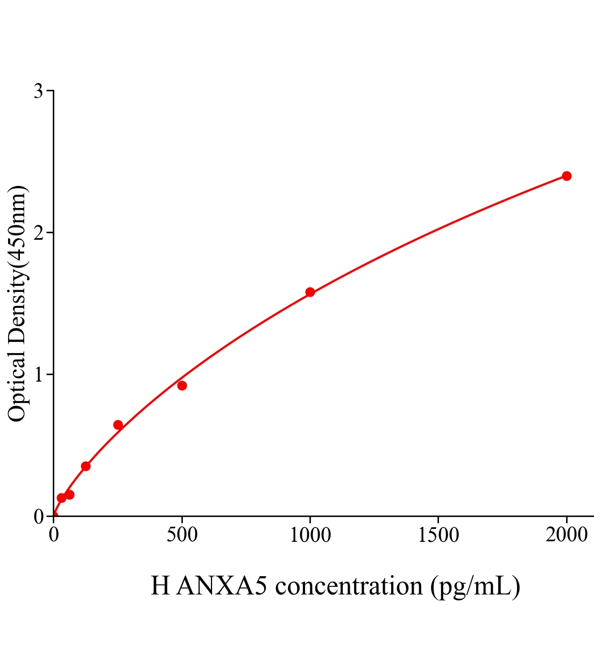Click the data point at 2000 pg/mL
pos(567,176)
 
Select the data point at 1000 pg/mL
pos(310,292)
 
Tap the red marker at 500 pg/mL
pos(182,385)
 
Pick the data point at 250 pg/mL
pos(118,425)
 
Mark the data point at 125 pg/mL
pos(86,466)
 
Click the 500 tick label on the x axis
pos(182,535)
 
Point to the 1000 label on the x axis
pos(310,535)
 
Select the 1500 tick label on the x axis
pos(438,535)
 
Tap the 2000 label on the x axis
pos(567,535)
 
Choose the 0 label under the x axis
pos(54,535)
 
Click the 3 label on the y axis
pos(38,91)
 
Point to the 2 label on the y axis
pos(38,233)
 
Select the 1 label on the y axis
pos(38,375)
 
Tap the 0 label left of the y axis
pos(38,517)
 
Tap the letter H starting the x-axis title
pos(160,585)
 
